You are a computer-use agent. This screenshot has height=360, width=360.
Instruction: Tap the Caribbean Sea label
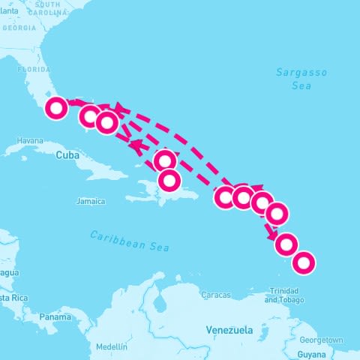click(130, 241)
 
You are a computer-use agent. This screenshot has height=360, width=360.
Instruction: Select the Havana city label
click(30, 140)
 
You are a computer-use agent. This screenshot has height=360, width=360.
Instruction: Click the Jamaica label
click(91, 201)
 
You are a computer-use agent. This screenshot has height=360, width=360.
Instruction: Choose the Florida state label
click(33, 68)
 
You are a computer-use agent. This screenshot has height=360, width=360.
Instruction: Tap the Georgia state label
click(19, 28)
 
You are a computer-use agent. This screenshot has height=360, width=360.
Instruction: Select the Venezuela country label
click(229, 330)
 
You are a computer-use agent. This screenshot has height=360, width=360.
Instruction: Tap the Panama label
click(55, 317)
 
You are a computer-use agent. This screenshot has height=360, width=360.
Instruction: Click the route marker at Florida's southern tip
click(55, 109)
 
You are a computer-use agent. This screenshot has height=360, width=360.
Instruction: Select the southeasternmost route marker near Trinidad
click(303, 262)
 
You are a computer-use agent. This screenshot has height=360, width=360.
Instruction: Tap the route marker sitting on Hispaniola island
click(169, 180)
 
